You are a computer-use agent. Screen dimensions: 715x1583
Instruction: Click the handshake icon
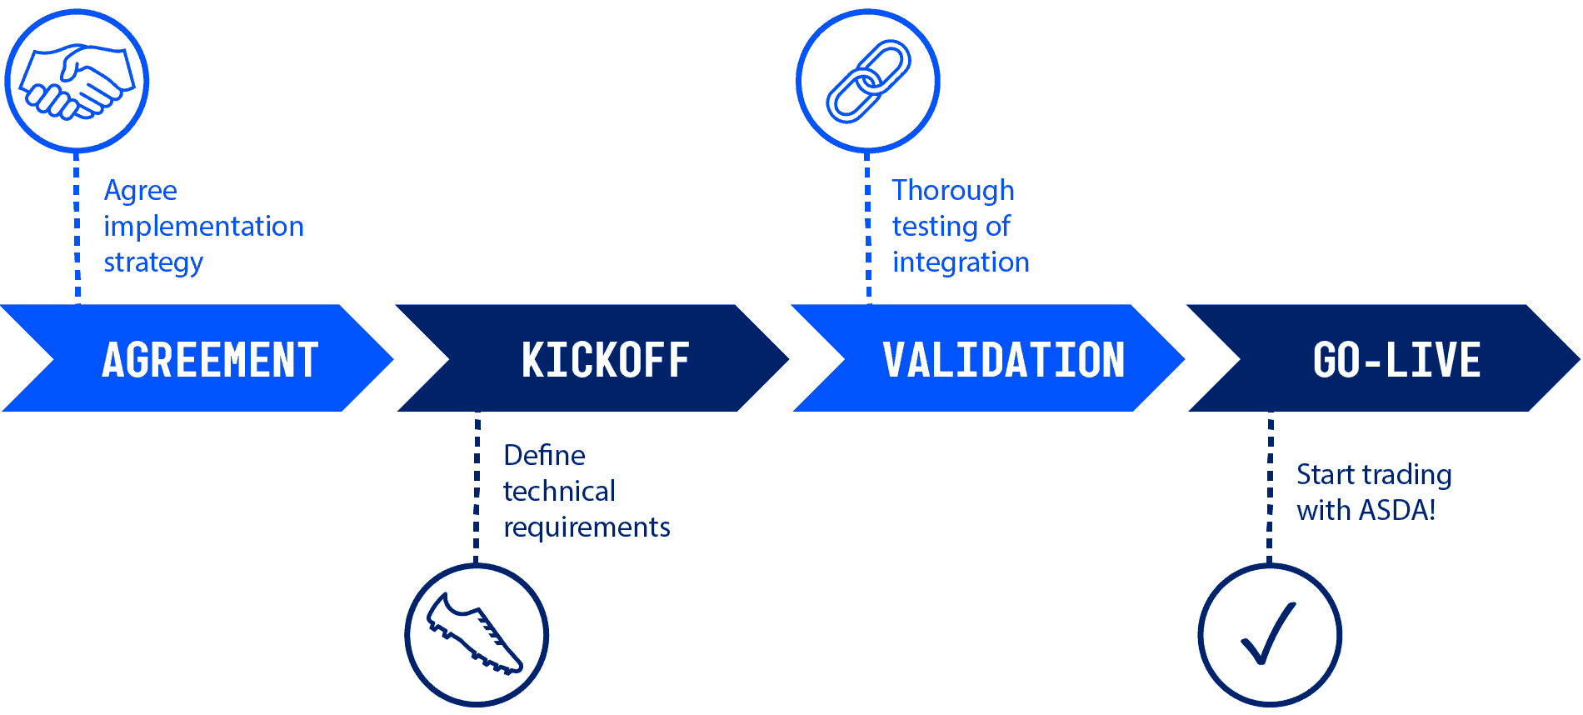point(77,81)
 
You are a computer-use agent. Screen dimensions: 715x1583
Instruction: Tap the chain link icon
point(868,81)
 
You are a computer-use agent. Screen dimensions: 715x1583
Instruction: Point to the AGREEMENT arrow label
point(210,360)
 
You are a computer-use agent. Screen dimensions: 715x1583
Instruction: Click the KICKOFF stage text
point(606,360)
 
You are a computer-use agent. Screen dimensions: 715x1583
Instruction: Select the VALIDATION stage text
point(1003,360)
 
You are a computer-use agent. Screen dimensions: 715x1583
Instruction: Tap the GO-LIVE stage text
point(1396,360)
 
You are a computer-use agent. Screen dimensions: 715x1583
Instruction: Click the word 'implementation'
point(203,227)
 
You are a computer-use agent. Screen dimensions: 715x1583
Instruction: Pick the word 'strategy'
point(153,263)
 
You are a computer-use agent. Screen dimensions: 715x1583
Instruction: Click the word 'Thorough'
point(953,191)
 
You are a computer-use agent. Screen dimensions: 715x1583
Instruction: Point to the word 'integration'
point(961,263)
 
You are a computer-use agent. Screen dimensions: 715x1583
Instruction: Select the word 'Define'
point(544,455)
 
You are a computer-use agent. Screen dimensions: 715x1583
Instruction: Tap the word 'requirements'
point(587,527)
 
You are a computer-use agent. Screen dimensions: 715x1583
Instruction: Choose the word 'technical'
point(559,491)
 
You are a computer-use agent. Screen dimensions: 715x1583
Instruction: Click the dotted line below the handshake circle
point(77,227)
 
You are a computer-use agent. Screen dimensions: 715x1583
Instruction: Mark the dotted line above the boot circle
point(477,487)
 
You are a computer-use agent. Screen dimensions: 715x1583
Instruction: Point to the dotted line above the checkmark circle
point(1270,487)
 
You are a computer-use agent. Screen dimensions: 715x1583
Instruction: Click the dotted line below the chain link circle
point(868,227)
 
